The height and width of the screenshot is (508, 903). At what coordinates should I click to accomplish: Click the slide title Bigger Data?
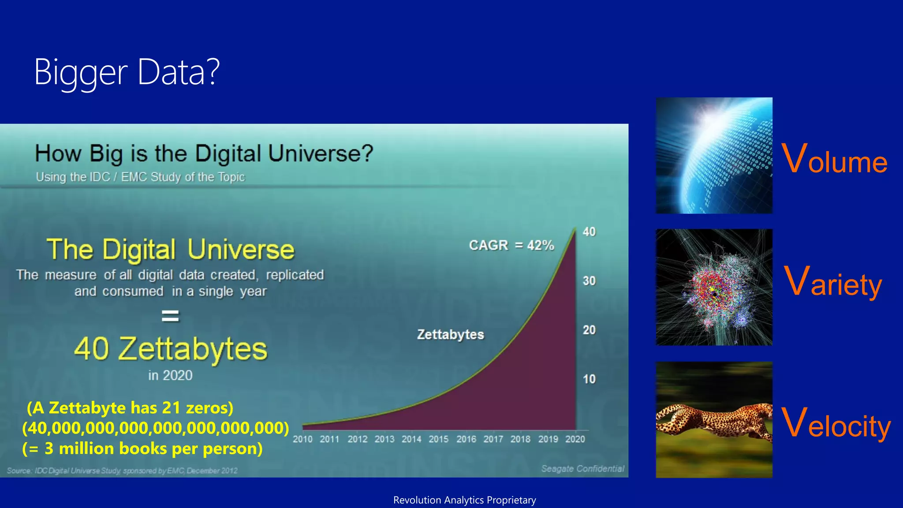127,72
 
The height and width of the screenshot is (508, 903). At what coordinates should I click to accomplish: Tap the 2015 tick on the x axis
438,439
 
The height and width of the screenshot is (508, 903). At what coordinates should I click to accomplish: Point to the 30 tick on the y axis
589,281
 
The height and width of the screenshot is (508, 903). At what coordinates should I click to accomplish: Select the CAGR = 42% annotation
511,245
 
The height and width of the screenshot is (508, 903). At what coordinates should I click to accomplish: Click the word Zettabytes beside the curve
451,335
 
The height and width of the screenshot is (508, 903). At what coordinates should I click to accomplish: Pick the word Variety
833,282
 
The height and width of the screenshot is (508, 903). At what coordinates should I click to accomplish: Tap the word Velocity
836,423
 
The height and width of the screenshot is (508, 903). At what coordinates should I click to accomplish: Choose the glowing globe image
714,156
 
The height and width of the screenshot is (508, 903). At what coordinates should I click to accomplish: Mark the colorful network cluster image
714,287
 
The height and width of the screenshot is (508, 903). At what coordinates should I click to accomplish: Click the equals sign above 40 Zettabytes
170,316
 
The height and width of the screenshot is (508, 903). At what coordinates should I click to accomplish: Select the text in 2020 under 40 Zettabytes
170,376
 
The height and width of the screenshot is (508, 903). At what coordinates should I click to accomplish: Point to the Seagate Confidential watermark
582,469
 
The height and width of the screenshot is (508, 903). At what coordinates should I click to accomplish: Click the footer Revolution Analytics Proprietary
464,500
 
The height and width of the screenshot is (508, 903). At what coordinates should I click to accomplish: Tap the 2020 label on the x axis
575,439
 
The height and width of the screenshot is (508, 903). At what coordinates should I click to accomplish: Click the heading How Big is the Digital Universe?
204,153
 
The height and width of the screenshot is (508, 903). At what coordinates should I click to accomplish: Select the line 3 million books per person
142,449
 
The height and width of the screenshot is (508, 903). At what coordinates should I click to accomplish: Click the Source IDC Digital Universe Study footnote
122,471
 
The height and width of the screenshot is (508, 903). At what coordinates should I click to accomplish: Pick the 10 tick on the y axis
589,379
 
